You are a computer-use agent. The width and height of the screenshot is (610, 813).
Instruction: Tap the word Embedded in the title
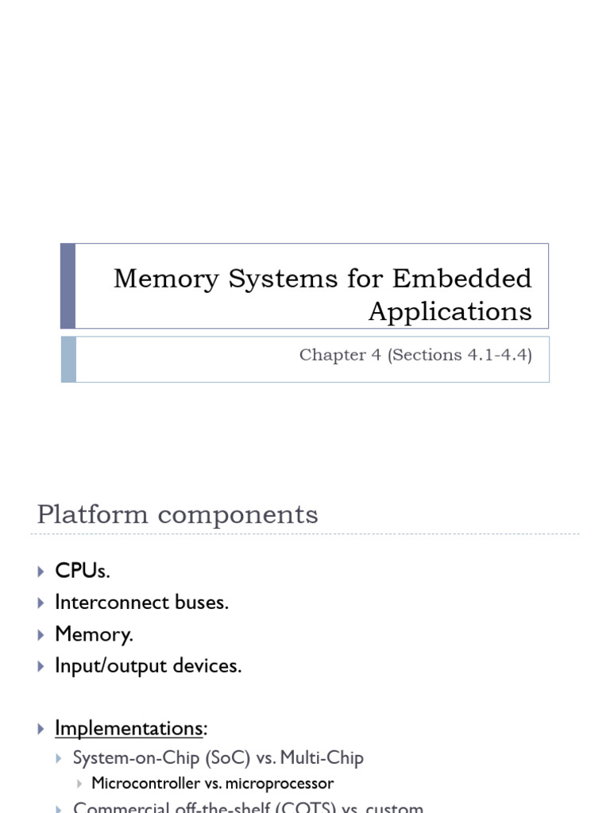click(x=462, y=279)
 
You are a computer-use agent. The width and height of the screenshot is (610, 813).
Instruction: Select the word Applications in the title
click(x=450, y=311)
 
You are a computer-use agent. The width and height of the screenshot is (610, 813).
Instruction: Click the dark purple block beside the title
click(x=68, y=286)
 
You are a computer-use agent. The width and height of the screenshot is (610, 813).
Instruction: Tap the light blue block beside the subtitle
click(x=68, y=359)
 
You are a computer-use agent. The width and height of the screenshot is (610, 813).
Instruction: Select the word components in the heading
click(x=237, y=514)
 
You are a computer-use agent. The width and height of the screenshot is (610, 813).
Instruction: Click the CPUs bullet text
click(x=76, y=571)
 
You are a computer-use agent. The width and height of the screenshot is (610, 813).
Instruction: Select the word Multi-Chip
click(x=325, y=758)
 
